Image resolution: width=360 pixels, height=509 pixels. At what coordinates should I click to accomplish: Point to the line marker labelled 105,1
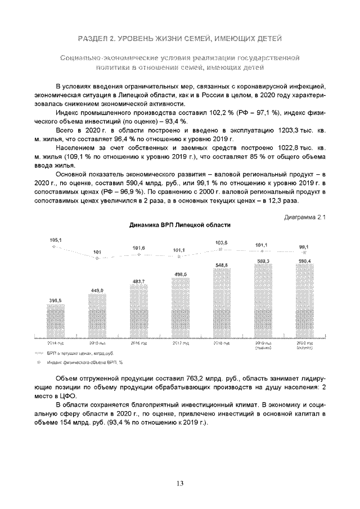[x=54, y=247]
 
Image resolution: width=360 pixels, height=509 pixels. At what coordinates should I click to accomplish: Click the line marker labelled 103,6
[x=221, y=249]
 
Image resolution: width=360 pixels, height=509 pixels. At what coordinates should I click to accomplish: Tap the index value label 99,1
[x=303, y=246]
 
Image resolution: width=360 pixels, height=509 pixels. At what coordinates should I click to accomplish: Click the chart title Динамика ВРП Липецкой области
[x=180, y=224]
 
